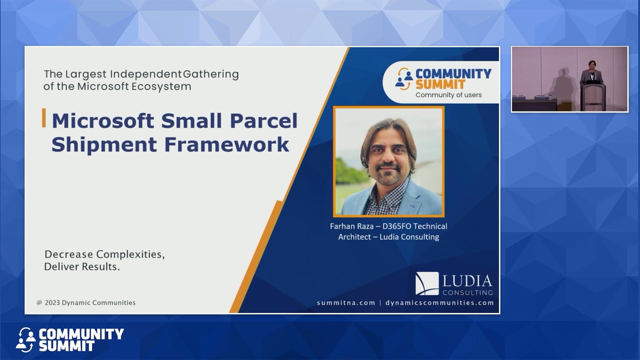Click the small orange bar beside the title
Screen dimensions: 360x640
pos(44,118)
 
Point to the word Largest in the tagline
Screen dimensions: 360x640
pos(86,74)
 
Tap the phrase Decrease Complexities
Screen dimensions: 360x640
pos(104,254)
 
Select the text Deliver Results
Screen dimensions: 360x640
pos(82,266)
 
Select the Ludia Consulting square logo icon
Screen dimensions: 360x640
pos(427,283)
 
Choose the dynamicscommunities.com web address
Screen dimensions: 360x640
pos(439,302)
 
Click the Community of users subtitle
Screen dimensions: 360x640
pos(448,95)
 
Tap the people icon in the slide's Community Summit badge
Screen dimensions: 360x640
pos(404,79)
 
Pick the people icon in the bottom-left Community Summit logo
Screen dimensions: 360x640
pos(25,339)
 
